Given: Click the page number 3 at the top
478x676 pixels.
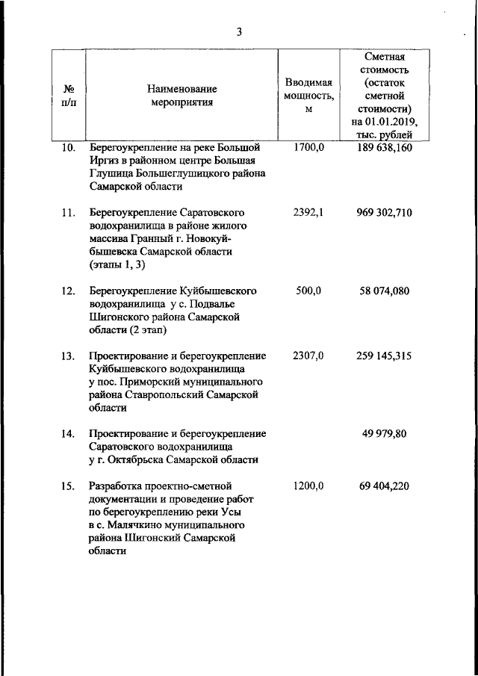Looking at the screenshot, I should pyautogui.click(x=239, y=32).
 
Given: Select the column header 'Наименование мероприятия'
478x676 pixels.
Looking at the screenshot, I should pyautogui.click(x=181, y=96).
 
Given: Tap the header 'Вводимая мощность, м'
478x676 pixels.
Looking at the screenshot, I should pyautogui.click(x=308, y=95).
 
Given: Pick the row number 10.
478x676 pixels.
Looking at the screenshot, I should pyautogui.click(x=68, y=147).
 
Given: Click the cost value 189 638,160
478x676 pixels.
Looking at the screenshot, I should pyautogui.click(x=385, y=147).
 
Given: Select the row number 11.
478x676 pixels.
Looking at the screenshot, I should pyautogui.click(x=68, y=213).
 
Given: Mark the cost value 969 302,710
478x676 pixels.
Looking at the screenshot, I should pyautogui.click(x=385, y=213).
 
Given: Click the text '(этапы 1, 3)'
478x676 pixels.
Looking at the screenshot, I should pyautogui.click(x=118, y=264).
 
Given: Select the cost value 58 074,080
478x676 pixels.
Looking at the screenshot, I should pyautogui.click(x=385, y=291).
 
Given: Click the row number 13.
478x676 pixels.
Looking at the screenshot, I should pyautogui.click(x=68, y=356).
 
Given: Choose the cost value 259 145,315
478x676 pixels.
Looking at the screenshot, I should pyautogui.click(x=385, y=356).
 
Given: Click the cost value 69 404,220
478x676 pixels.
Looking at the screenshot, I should pyautogui.click(x=385, y=486).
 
